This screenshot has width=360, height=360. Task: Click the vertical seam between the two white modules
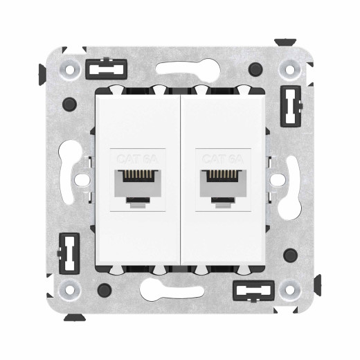click(x=180, y=180)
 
